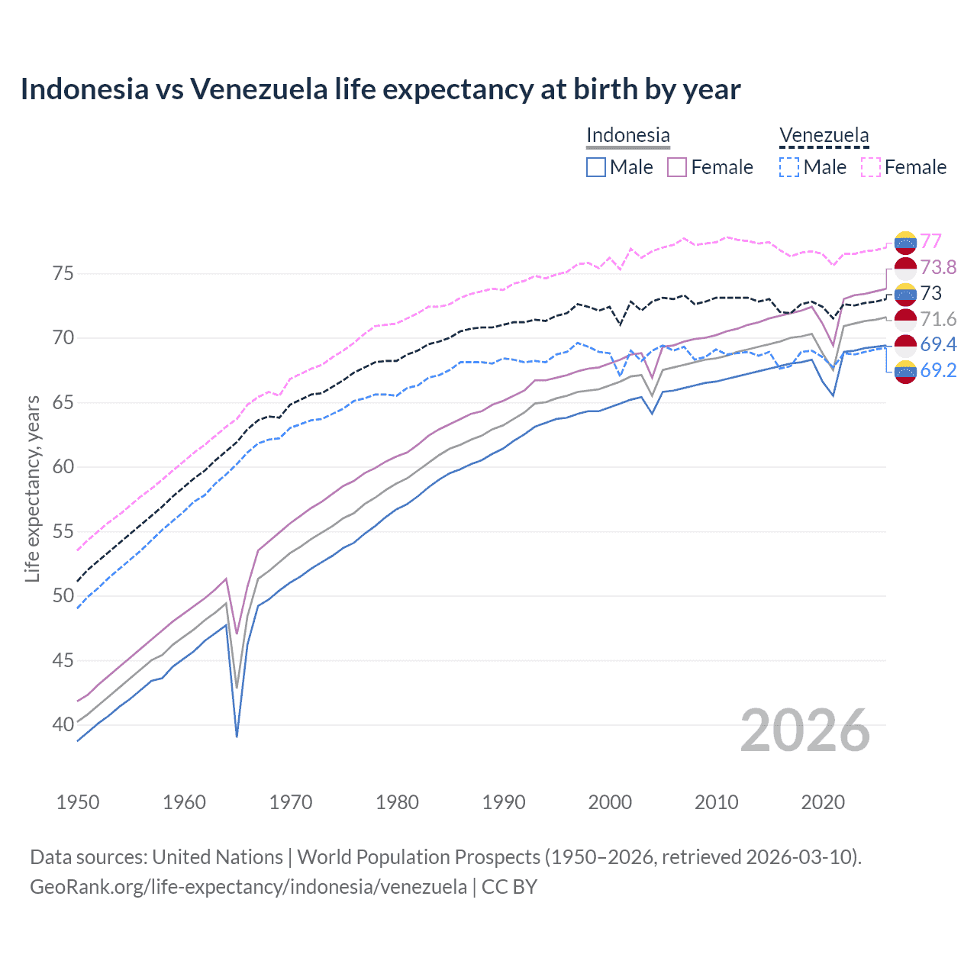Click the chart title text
pos(380,89)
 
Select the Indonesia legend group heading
pos(627,135)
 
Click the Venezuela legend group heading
pos(824,135)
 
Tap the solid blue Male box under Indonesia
pos(596,167)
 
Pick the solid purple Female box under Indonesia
pos(677,167)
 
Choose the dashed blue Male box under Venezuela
pos(789,167)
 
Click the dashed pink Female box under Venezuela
pos(871,167)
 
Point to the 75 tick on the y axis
pos(63,273)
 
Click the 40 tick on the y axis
pos(63,724)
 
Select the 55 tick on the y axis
pos(63,531)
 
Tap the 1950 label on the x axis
pos(78,802)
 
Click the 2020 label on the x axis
pos(823,802)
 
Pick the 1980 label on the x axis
pos(397,802)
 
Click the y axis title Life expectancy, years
pos(32,488)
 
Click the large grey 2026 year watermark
pos(804,730)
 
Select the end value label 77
pos(930,241)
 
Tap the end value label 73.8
pos(938,267)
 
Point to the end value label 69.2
pos(938,370)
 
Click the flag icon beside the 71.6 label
pos(905,319)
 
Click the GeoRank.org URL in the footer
pos(248,886)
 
